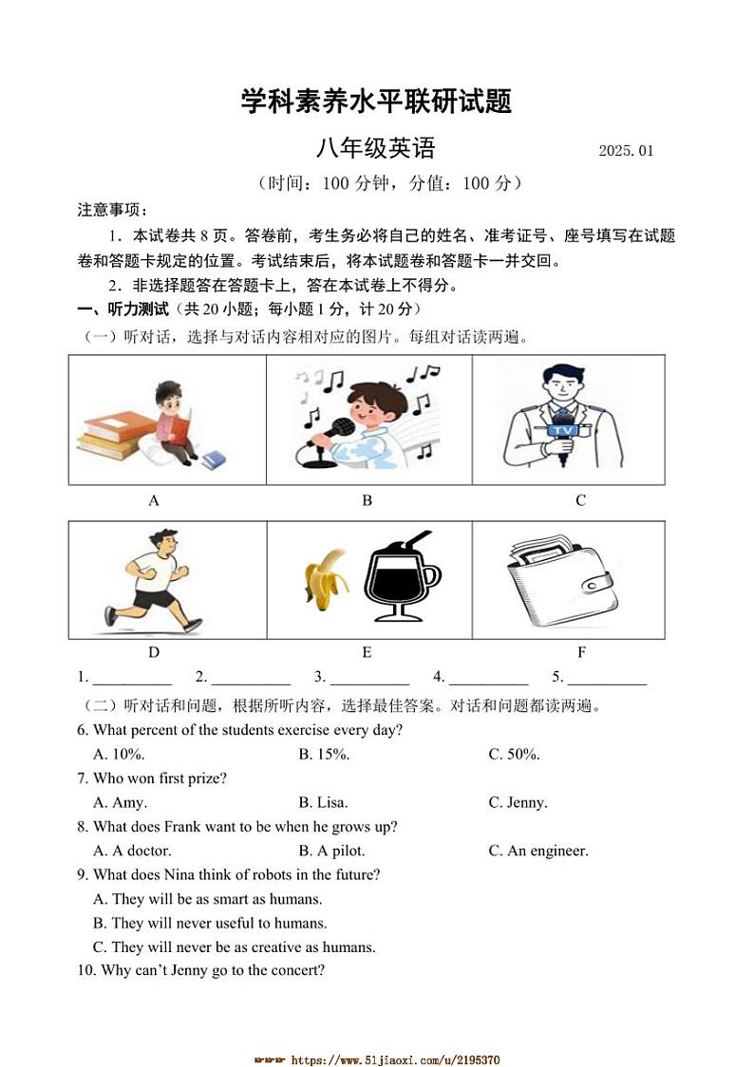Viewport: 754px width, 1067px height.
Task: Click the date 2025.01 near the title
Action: [x=626, y=151]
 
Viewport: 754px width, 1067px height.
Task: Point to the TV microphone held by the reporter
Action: [x=566, y=433]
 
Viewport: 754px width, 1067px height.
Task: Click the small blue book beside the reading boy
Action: [x=213, y=459]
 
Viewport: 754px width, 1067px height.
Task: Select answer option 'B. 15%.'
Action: [x=324, y=754]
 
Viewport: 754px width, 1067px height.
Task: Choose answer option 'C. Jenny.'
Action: [x=518, y=802]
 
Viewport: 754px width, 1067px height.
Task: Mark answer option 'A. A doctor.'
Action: [x=132, y=851]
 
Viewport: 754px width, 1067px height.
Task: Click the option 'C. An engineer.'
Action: [x=537, y=851]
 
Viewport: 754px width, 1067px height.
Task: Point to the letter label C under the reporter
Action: [x=580, y=500]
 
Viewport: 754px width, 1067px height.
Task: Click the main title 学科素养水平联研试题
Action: [x=376, y=101]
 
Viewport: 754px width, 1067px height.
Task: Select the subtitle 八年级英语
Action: [x=376, y=149]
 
